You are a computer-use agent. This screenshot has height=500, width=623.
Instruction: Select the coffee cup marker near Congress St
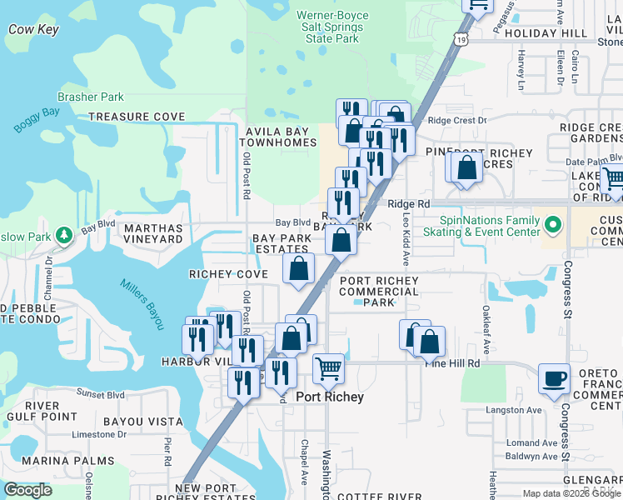[554, 378]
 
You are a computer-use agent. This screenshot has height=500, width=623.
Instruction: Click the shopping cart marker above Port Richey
[329, 368]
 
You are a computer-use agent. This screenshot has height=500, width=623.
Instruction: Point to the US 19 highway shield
[461, 39]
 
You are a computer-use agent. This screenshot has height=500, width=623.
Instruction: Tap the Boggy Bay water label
[37, 117]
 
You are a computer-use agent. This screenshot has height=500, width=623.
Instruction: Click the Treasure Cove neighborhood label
[137, 117]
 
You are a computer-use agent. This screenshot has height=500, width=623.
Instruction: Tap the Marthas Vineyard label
[152, 233]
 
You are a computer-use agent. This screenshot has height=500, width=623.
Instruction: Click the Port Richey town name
[330, 397]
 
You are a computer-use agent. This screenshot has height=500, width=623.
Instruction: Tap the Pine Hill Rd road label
[453, 363]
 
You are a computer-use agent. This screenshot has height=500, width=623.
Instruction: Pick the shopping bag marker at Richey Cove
[298, 269]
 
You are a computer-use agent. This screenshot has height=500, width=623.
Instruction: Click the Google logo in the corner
[27, 490]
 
